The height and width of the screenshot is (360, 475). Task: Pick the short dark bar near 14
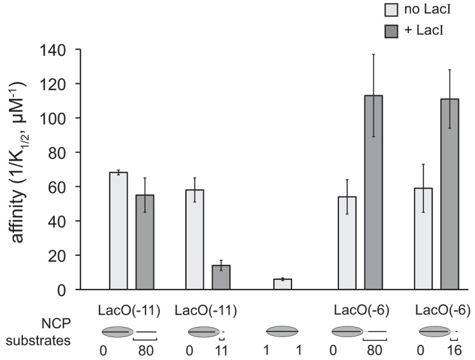click(221, 277)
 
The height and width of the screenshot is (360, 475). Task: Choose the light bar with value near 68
click(119, 231)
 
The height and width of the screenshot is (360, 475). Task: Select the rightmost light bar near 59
click(424, 239)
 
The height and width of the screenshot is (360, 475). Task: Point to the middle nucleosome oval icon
click(282, 331)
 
